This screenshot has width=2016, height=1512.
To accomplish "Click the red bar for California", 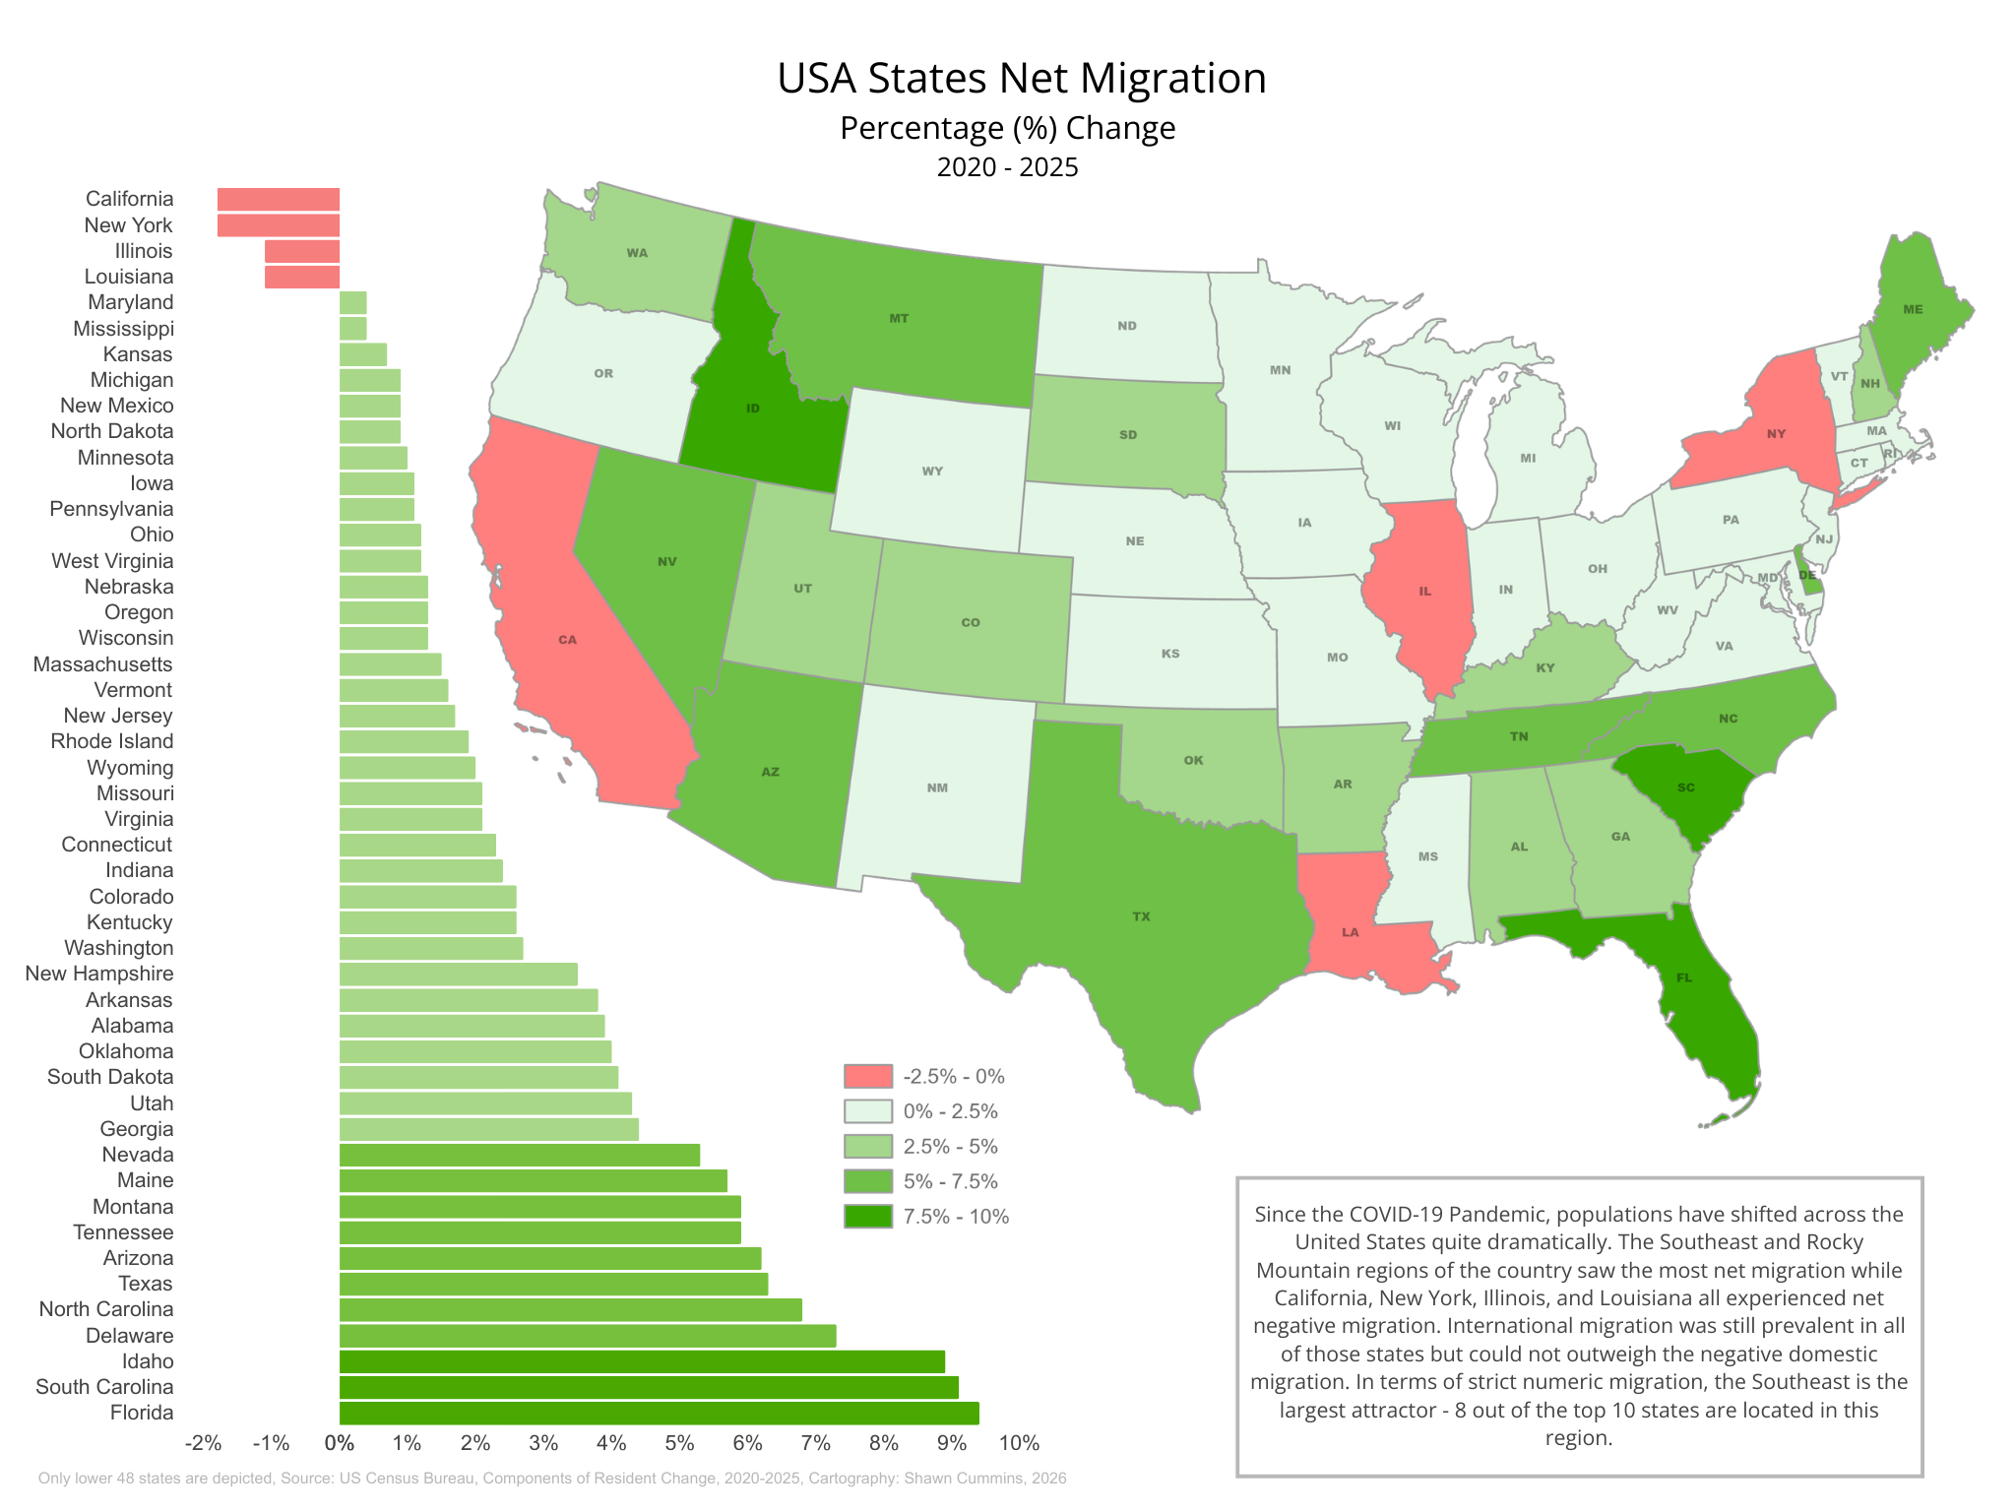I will pyautogui.click(x=279, y=200).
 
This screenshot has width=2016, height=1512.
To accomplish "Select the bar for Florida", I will pyautogui.click(x=659, y=1414).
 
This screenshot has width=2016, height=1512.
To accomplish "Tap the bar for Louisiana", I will pyautogui.click(x=302, y=278).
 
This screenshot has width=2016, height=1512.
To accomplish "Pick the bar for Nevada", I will pyautogui.click(x=519, y=1155).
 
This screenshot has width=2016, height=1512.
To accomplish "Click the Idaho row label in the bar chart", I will pyautogui.click(x=148, y=1361).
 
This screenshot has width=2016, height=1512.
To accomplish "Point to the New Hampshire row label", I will pyautogui.click(x=99, y=974).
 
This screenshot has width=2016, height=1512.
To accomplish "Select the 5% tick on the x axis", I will pyautogui.click(x=679, y=1444).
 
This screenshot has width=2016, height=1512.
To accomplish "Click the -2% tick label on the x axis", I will pyautogui.click(x=203, y=1444).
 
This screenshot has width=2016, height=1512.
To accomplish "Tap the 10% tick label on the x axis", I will pyautogui.click(x=1019, y=1444).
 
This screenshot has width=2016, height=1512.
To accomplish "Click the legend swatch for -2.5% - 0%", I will pyautogui.click(x=868, y=1076).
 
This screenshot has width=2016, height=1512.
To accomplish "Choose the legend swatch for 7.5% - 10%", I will pyautogui.click(x=868, y=1217).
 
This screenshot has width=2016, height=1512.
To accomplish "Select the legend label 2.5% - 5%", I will pyautogui.click(x=951, y=1147).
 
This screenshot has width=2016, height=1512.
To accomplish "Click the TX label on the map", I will pyautogui.click(x=1141, y=916).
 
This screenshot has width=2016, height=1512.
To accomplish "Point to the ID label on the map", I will pyautogui.click(x=753, y=409).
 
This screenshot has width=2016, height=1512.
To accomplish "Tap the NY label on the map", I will pyautogui.click(x=1776, y=434).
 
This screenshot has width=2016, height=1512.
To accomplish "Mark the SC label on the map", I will pyautogui.click(x=1686, y=787).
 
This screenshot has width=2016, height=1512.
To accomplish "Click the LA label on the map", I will pyautogui.click(x=1350, y=932).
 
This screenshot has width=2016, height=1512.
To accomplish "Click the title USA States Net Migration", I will pyautogui.click(x=1021, y=79).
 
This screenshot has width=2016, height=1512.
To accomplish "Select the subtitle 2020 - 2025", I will pyautogui.click(x=1007, y=167).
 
